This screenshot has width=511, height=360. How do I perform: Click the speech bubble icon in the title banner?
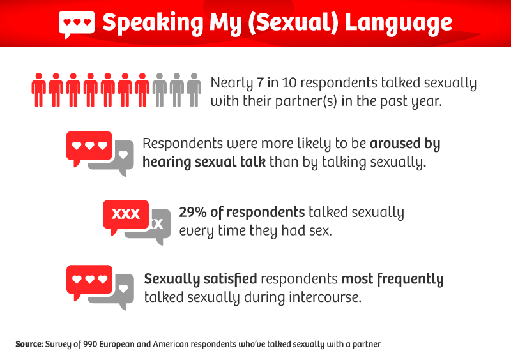77,24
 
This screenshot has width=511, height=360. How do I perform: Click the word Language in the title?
398,23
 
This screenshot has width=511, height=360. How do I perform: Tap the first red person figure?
39,90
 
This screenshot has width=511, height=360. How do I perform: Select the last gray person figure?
194,90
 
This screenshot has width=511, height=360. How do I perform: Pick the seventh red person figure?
142,90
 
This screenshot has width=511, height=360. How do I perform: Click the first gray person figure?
159,90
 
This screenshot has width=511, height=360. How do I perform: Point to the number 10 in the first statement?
289,83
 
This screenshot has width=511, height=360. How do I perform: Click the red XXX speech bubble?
126,216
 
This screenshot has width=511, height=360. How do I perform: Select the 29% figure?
193,213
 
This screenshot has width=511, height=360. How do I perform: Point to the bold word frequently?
410,280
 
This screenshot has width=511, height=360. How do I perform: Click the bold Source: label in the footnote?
29,345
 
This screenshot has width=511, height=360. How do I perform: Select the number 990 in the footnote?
90,345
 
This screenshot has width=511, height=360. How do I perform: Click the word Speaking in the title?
153,24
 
